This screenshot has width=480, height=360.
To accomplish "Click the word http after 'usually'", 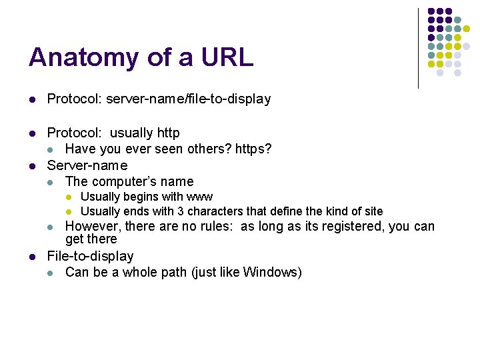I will (x=167, y=133).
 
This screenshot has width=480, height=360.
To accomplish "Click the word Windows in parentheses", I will (x=271, y=272).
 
